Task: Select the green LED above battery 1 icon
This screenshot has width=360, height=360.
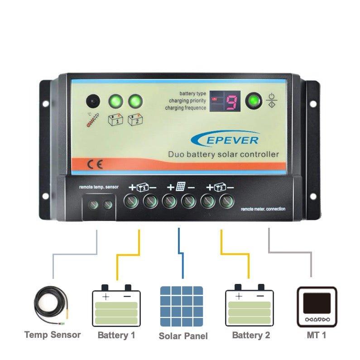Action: click(x=114, y=101)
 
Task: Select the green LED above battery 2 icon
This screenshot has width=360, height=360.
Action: click(x=134, y=101)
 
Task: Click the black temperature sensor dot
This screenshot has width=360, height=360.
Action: click(x=93, y=101)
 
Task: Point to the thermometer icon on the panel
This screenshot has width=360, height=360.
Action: click(x=93, y=120)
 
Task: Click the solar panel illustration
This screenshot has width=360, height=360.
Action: click(x=182, y=306)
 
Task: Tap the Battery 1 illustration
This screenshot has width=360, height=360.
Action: click(x=116, y=306)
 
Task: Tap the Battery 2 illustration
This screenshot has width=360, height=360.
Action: click(x=250, y=306)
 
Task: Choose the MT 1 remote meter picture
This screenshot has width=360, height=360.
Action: click(x=317, y=307)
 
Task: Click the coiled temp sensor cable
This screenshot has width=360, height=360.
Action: click(x=51, y=306)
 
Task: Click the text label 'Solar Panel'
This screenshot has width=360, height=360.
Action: click(x=183, y=336)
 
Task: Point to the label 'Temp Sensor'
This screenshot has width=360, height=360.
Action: click(x=53, y=335)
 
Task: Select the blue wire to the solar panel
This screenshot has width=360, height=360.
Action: click(x=181, y=254)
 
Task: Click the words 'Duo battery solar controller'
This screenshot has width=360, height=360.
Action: click(x=223, y=154)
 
